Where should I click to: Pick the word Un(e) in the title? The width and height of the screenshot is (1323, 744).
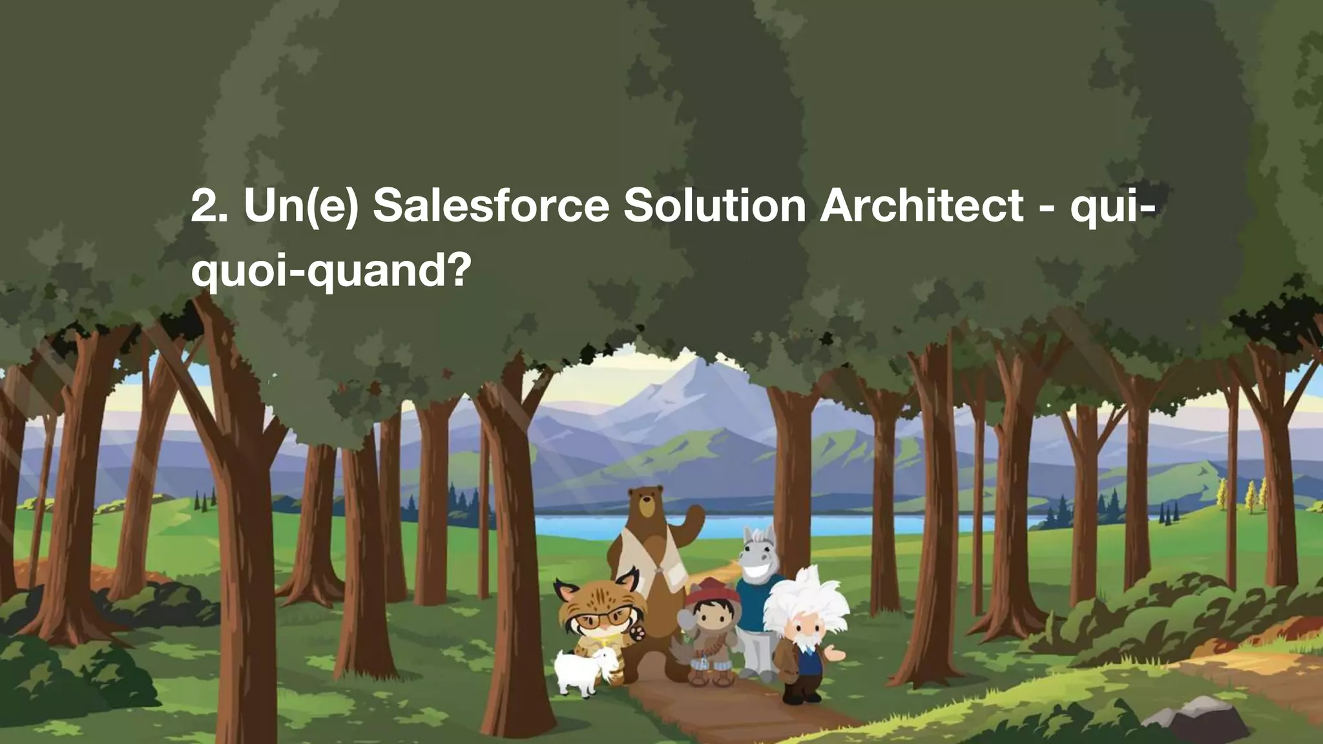pos(300,207)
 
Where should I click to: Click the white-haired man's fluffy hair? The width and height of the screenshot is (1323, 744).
pos(807,594)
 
